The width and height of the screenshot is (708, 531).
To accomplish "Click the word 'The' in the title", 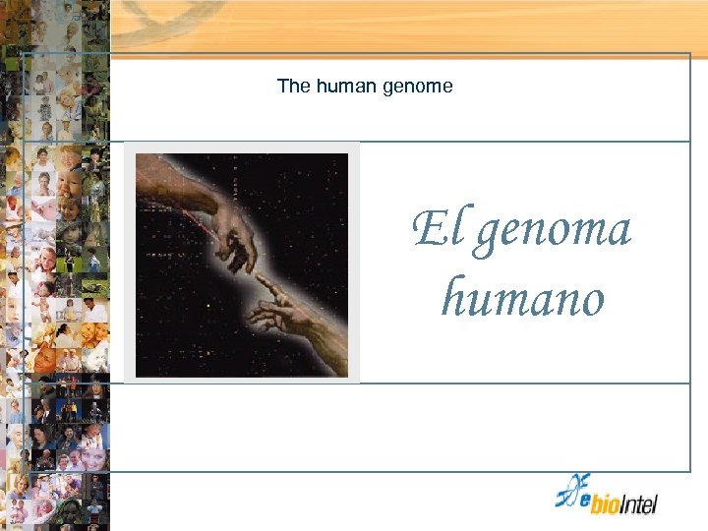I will coord(293,87).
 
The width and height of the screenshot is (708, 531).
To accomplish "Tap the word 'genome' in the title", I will coord(418,88).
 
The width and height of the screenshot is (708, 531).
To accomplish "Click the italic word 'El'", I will coord(431,230).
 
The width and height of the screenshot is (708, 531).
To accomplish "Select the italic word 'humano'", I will coord(522,298).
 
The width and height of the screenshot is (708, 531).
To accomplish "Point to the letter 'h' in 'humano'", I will coord(454,296).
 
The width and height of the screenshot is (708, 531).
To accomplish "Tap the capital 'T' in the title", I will coord(282,87).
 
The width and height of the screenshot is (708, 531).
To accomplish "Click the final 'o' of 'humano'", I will coord(590,301).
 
